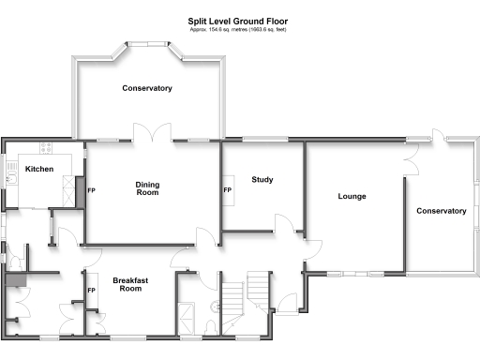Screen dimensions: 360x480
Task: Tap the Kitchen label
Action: point(38,169)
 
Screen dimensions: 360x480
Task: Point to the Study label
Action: point(262,179)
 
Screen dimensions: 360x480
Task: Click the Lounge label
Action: point(352,196)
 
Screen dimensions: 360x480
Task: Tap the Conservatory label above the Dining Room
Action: point(147,88)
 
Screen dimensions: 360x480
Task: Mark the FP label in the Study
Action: point(227,190)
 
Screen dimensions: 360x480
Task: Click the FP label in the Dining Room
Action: point(91,190)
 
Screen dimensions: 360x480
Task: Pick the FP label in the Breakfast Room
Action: point(91,291)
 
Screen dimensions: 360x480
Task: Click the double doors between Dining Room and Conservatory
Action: point(152,134)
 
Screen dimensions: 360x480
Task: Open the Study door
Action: point(282,222)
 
